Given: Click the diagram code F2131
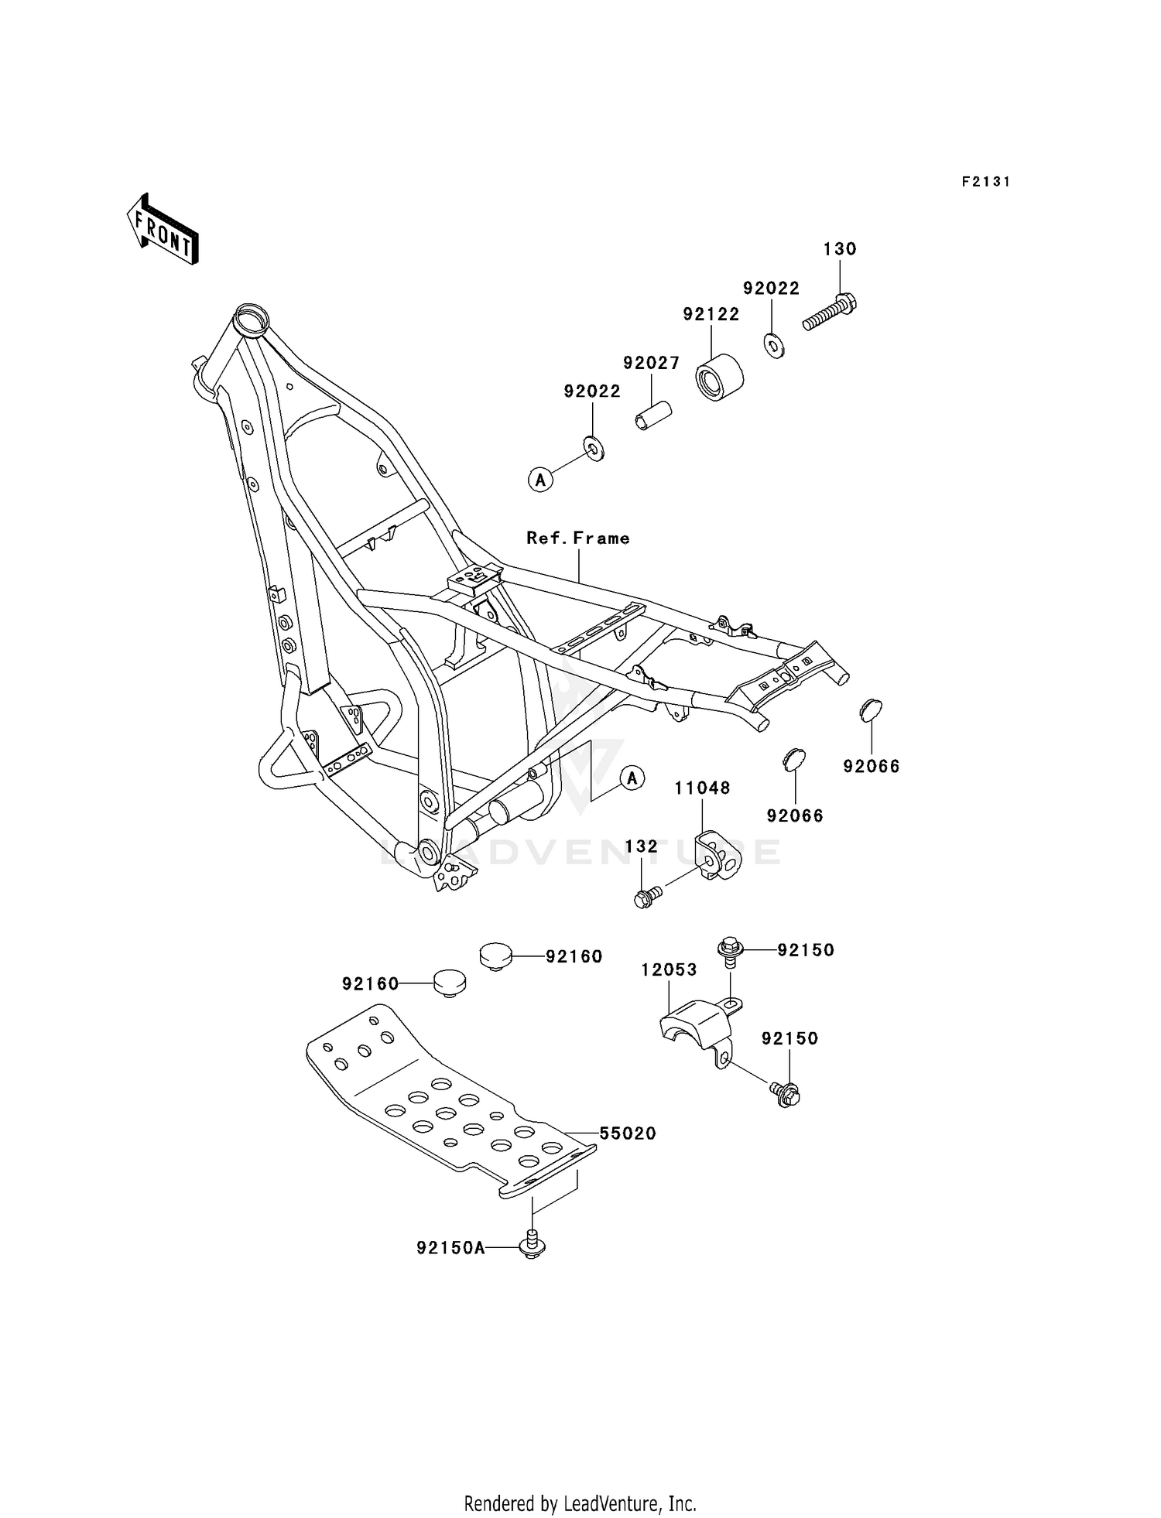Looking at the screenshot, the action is [x=986, y=182].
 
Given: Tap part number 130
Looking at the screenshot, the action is [x=840, y=249].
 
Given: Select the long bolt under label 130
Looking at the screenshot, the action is [x=829, y=312].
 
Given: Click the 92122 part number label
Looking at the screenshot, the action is [x=711, y=314].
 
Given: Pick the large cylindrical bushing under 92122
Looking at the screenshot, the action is [x=720, y=378].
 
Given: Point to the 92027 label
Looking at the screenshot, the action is [x=652, y=363].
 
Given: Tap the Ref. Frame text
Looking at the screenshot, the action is [x=578, y=538].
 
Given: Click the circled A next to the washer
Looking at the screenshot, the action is [x=540, y=480].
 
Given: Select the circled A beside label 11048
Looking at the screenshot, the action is [x=632, y=778].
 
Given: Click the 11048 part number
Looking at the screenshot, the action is [x=702, y=788].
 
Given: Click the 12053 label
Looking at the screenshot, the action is [x=669, y=969].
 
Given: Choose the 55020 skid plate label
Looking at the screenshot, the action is [x=628, y=1133].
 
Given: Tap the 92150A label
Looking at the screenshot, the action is [x=450, y=1248].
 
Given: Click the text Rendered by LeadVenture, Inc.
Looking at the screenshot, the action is [x=580, y=1503].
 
